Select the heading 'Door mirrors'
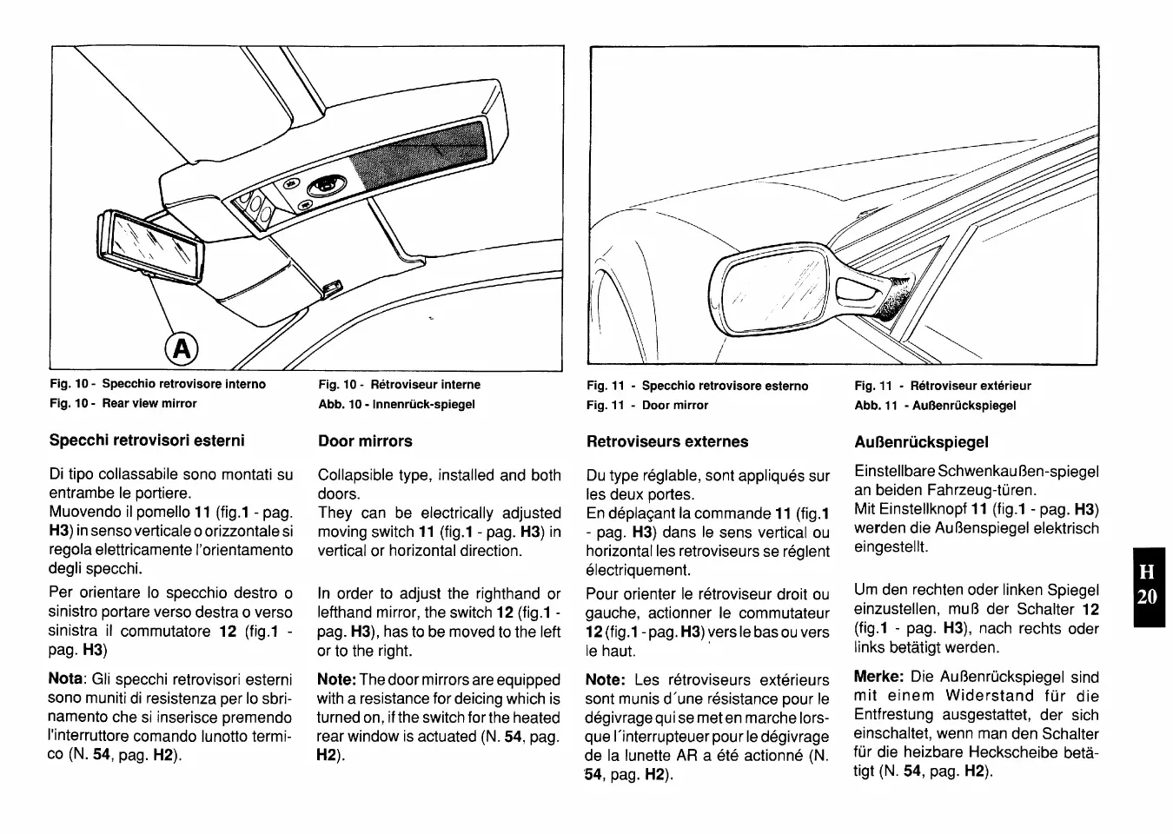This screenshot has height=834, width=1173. (x=365, y=441)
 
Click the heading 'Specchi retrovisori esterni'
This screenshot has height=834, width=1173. (x=147, y=440)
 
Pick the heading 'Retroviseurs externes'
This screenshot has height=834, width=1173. (x=666, y=441)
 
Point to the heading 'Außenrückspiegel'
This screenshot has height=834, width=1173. (x=921, y=442)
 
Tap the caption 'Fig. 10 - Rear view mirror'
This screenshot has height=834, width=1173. (x=123, y=404)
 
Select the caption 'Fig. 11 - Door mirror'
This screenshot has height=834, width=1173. (x=647, y=406)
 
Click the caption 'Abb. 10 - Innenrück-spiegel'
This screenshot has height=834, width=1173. (x=396, y=404)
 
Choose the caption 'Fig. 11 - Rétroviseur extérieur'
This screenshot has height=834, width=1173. (x=943, y=386)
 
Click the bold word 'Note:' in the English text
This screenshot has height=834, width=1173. (x=336, y=680)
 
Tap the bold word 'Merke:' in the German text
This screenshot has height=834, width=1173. (x=879, y=677)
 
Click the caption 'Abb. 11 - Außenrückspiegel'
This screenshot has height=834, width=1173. (x=935, y=406)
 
